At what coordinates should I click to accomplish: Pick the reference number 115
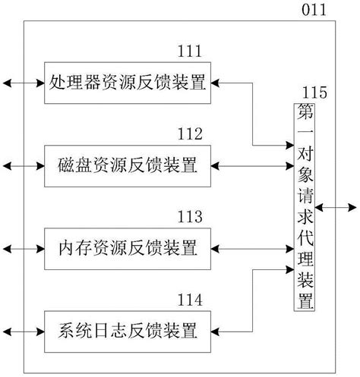coord(314,93)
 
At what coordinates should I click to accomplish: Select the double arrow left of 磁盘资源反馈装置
coord(23,165)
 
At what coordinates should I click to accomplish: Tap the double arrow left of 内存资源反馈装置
coord(23,247)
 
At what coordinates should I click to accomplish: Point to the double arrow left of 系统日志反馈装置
coord(23,330)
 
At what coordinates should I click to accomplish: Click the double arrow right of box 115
coord(335,206)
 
